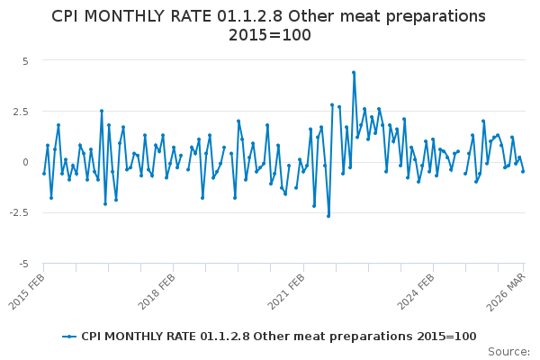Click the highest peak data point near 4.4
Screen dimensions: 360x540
coord(354,72)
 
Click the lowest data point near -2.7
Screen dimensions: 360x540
coord(328,216)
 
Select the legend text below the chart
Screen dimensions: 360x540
coord(278,337)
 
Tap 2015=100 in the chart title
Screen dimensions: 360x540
coord(269,35)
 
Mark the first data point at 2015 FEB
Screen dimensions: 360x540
coord(44,174)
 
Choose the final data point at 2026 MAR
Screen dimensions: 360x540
coord(523,171)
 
